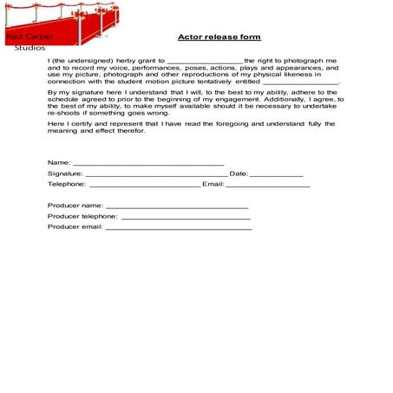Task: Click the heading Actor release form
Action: point(219,37)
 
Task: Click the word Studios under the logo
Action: point(30,48)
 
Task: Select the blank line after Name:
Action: point(148,163)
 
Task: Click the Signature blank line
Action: point(156,174)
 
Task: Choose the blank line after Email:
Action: point(268,185)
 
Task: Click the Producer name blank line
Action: point(177,206)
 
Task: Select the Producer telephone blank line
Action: point(185,217)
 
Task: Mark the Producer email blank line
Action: point(178,227)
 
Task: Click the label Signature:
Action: point(65,174)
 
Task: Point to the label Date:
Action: point(239,174)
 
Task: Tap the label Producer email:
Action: point(75,226)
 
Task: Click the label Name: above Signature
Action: point(59,162)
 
